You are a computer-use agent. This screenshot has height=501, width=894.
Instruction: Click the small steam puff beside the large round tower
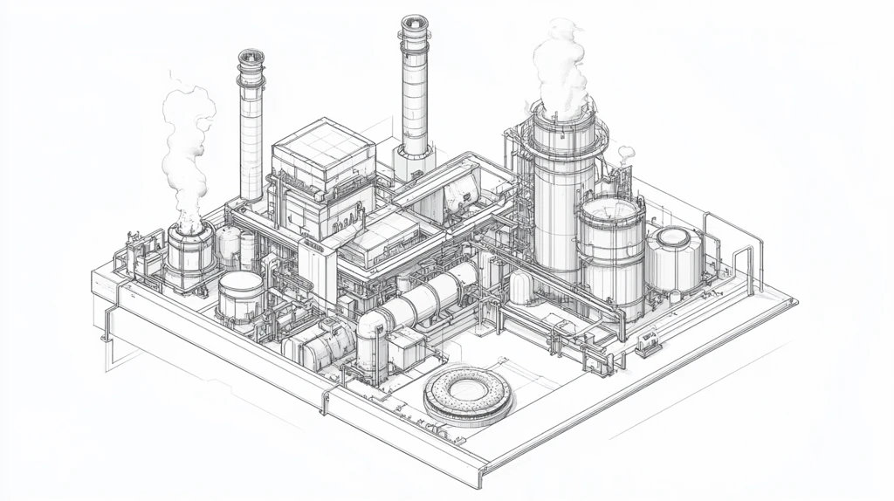tap(625, 154)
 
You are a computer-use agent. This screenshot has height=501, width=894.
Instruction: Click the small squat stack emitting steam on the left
tap(191, 249)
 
